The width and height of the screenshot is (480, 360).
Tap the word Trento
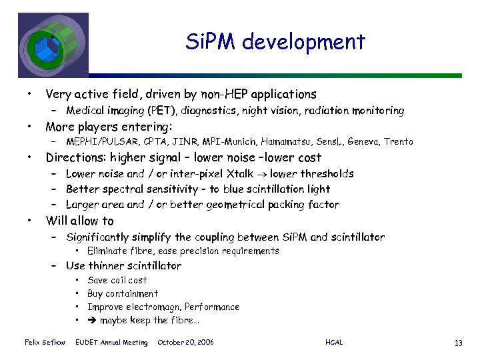coord(398,142)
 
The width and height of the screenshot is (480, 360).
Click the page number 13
coord(457,343)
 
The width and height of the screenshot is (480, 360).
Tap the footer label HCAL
coord(334,343)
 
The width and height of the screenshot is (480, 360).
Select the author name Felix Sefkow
coord(45,343)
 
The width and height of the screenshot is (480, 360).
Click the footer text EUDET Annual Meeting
coord(112,343)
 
